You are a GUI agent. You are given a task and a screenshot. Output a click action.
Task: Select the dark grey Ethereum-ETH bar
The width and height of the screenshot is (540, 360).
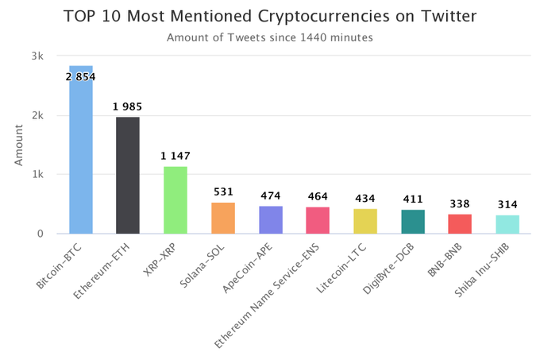pos(128,176)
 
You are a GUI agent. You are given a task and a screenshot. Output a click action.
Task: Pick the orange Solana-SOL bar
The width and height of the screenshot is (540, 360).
pos(223,219)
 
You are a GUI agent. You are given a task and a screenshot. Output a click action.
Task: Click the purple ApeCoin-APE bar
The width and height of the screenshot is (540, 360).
pos(271,220)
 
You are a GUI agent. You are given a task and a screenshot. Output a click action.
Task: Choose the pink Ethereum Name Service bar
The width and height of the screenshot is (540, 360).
pos(318,221)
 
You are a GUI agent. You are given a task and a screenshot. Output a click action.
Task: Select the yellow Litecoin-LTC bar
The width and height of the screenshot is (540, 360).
pos(365,222)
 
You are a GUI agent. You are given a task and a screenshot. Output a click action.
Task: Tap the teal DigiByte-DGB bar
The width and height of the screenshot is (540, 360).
pos(413,222)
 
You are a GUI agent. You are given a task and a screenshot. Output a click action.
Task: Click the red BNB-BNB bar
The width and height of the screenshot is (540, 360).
pos(460,224)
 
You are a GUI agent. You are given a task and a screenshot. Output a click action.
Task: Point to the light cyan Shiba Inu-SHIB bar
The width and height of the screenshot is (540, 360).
pos(507,225)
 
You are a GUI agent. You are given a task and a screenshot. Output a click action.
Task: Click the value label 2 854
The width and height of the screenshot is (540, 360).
pos(81,76)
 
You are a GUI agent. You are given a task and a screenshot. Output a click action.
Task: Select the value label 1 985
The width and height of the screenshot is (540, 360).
pos(128,106)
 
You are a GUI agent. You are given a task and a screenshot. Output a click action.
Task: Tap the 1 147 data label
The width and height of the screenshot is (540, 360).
pos(175,156)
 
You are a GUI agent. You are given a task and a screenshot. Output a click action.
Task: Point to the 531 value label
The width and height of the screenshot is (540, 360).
pos(223,192)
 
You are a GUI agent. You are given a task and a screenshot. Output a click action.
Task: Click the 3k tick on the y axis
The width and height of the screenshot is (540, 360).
pos(38,56)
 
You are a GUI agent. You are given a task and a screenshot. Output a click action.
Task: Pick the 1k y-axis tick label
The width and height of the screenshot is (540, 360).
pos(38,175)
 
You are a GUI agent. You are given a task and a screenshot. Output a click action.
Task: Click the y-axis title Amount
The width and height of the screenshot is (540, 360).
pos(18,145)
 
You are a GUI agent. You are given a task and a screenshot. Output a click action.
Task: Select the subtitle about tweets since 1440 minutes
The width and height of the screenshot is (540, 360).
pos(271,37)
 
